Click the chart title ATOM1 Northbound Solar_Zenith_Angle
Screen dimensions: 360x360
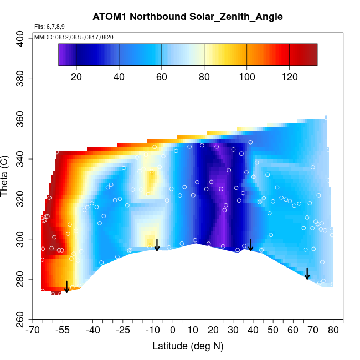[x=188, y=17]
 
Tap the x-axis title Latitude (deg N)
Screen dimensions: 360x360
[x=188, y=346]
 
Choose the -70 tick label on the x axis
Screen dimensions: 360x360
[x=33, y=331]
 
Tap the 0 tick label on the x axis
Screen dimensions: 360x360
[x=173, y=331]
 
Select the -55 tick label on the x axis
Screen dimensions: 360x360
[x=63, y=331]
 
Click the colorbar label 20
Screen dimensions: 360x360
[x=77, y=76]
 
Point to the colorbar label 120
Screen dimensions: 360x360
[x=289, y=76]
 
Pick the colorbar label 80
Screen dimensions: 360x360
[x=204, y=76]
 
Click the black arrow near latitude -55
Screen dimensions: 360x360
[x=66, y=287]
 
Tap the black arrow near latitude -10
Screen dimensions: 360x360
[x=157, y=245]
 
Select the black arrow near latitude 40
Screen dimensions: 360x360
[x=250, y=245]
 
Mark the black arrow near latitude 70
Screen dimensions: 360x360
[x=307, y=274]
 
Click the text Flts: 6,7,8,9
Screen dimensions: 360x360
[x=49, y=27]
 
